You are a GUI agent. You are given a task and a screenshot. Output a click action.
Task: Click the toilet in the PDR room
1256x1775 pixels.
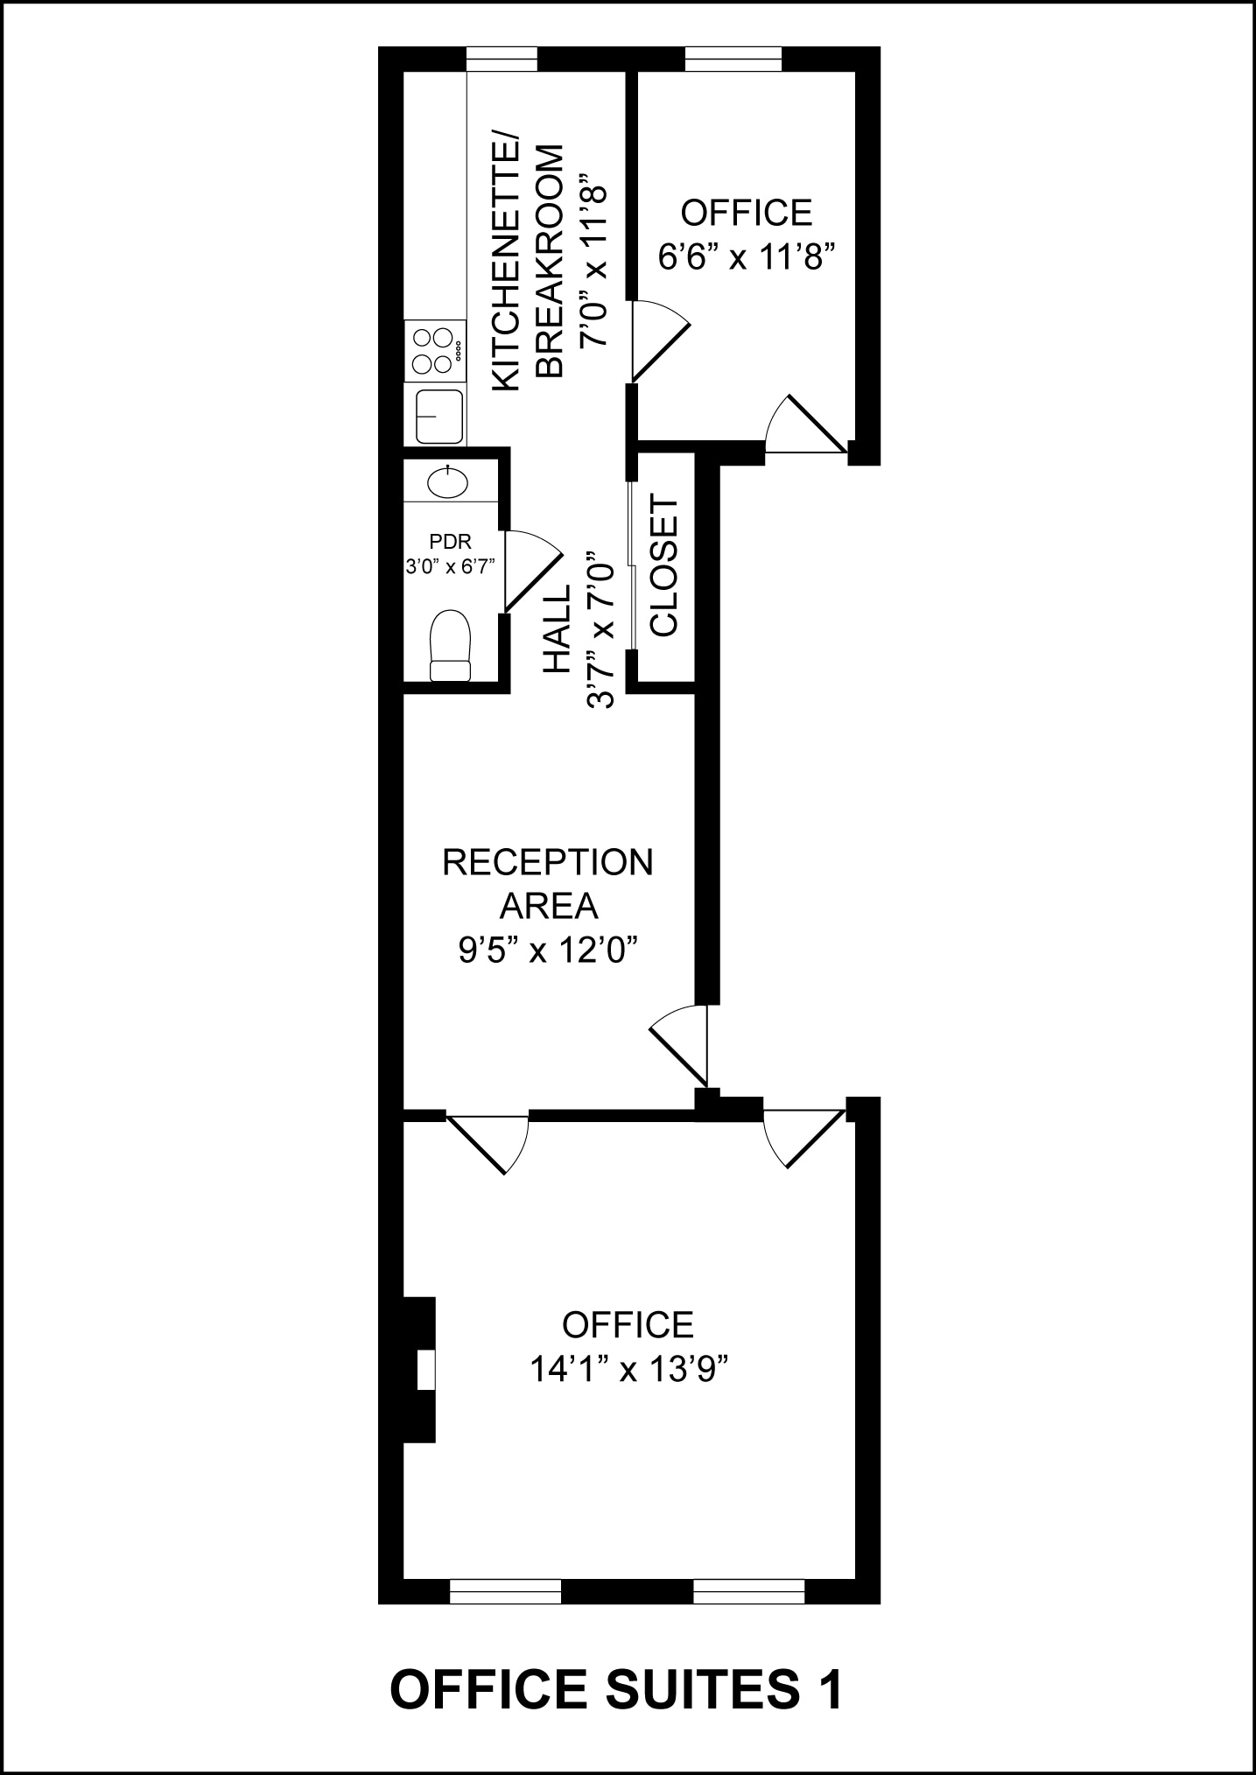pos(451,646)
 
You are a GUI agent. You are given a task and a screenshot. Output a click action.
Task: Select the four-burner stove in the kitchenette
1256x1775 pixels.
pos(435,351)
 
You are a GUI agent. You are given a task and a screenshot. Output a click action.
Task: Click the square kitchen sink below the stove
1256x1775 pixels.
pos(439,416)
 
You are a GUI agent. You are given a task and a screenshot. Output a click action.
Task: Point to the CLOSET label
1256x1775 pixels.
pos(664,566)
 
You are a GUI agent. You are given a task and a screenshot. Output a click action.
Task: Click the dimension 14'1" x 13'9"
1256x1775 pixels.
pos(628,1368)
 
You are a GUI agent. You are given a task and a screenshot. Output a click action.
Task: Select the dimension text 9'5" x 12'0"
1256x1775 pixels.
pos(547,950)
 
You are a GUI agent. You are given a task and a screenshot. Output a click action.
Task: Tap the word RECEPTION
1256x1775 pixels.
pos(547,862)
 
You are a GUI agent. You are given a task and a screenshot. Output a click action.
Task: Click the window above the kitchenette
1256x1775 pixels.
pos(502,59)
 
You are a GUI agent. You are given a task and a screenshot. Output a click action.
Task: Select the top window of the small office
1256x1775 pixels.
pos(733,59)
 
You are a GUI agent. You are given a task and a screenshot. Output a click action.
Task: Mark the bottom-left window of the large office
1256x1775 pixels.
pos(505,1591)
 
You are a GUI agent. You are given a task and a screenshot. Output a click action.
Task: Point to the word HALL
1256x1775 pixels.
pos(557,628)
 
